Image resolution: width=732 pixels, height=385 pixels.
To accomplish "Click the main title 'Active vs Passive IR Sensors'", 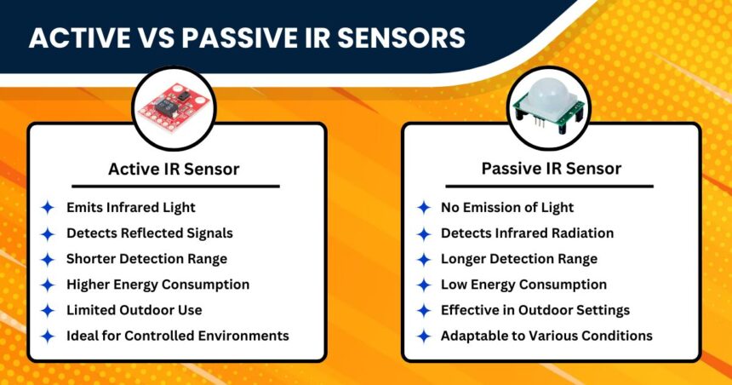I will tap(247, 38).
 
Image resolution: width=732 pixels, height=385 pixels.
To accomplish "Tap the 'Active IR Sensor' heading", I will tap(174, 169).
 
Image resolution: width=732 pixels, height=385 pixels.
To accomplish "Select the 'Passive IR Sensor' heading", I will tap(551, 169).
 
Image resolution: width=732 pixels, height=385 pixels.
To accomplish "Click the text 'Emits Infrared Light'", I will tap(130, 207).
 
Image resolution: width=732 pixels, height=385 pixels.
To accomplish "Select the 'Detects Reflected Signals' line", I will tap(149, 233).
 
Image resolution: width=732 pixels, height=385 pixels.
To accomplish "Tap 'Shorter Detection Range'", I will tap(146, 258).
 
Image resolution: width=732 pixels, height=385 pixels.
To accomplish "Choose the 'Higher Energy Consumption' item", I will tap(157, 284).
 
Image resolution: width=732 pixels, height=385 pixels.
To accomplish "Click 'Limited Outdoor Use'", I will tap(134, 310).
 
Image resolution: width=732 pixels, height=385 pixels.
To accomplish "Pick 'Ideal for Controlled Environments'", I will tap(177, 336).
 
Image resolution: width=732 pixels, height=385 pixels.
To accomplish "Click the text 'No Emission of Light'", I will tap(506, 207).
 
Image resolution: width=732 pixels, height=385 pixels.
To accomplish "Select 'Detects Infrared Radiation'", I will tap(527, 233).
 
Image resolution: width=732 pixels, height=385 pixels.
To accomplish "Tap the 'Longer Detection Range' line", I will tap(518, 258).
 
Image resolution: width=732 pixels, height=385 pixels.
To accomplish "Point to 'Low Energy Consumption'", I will tap(523, 284).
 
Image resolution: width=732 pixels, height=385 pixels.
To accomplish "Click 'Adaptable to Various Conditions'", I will tap(546, 336).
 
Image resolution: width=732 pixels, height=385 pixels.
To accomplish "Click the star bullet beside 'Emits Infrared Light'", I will tap(49, 207).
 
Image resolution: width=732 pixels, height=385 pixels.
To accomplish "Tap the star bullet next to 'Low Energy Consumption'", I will tap(423, 284).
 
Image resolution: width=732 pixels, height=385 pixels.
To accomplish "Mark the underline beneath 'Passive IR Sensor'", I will tap(551, 186).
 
